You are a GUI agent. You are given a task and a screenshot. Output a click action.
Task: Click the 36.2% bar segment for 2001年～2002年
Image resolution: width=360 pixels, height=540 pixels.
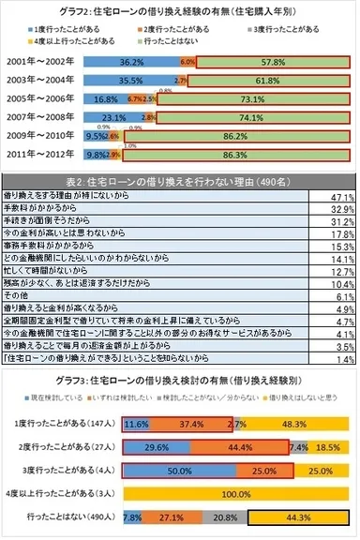[x=131, y=61]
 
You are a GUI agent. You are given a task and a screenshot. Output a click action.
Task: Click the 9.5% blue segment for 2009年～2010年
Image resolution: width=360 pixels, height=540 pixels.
[x=96, y=137]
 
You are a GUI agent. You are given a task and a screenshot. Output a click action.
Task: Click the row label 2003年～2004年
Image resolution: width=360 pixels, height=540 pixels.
[x=44, y=81]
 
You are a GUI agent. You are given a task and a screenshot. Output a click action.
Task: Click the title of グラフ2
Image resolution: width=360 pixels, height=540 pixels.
[x=180, y=9]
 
